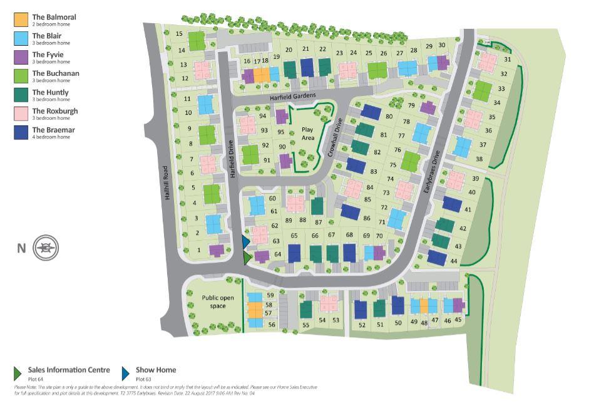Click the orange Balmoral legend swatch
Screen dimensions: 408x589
[x=21, y=20]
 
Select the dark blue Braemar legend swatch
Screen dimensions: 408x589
[x=21, y=133]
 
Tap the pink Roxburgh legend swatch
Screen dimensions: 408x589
[x=21, y=114]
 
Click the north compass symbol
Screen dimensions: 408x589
[x=46, y=248]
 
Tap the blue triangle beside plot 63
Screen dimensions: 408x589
[x=246, y=241]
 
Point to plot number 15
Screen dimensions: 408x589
[x=180, y=34]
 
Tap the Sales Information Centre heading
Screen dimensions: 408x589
[x=69, y=370]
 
